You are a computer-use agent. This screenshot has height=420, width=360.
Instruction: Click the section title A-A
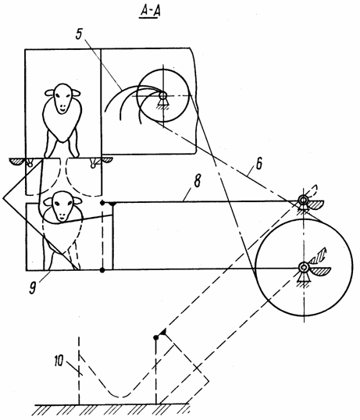coord(150,12)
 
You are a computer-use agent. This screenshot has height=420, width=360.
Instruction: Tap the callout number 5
coord(79,34)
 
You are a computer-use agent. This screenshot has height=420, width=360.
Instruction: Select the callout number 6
coord(259,163)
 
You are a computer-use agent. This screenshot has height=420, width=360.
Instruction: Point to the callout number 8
coord(197,181)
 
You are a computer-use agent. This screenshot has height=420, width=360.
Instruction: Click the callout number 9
coord(33,288)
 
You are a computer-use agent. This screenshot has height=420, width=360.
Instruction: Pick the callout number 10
coord(59,361)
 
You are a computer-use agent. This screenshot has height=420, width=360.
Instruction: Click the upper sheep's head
coord(62,98)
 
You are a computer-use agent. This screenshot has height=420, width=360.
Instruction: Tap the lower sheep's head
coord(62,206)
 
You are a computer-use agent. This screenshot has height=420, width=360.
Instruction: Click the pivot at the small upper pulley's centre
coord(162,95)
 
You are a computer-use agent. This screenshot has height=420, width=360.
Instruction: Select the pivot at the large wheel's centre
coord(303,267)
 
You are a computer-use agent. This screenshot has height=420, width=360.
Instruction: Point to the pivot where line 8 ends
coord(303,200)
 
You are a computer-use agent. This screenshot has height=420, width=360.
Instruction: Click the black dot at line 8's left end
coord(102,203)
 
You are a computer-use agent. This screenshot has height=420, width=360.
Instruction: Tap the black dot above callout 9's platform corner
coord(102,270)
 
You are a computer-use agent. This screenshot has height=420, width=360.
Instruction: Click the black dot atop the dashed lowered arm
coord(156,337)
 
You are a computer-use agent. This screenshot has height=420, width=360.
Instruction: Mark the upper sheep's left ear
coord(49,93)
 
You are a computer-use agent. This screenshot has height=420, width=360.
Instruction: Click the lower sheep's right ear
coord(77,201)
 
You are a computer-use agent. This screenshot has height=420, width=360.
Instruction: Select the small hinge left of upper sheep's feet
coord(30,162)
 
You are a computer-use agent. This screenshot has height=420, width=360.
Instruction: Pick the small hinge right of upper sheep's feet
coord(93,163)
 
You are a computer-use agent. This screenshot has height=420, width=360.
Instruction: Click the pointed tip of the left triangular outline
coord(3,198)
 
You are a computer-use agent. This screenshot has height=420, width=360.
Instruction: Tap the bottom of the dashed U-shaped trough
coord(121,397)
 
